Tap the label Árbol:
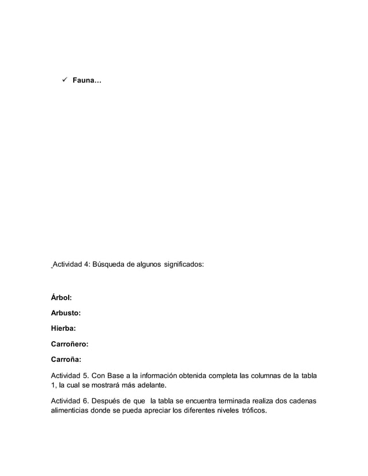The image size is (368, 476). click(62, 298)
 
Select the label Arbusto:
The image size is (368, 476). click(66, 313)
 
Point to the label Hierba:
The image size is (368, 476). click(63, 329)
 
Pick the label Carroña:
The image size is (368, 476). click(67, 360)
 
